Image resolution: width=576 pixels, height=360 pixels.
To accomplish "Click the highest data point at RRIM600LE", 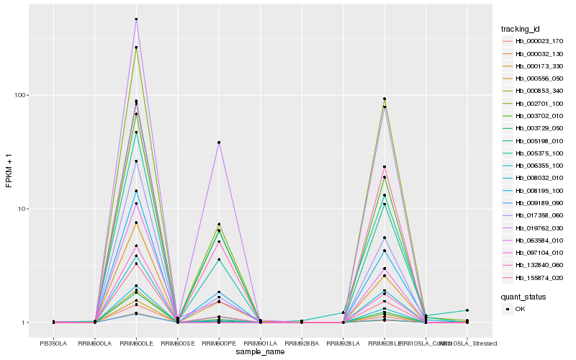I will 137,19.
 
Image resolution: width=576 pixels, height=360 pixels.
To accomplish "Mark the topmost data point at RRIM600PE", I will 219,143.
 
